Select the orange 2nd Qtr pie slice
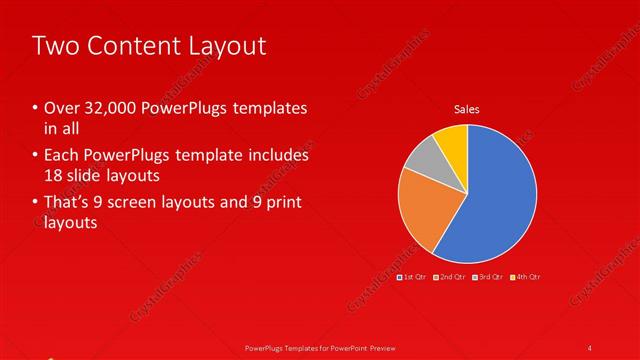[x=426, y=210]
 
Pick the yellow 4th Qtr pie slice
[x=453, y=140]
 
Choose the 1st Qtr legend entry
[x=412, y=276]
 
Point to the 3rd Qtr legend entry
[x=487, y=276]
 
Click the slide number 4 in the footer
[x=591, y=347]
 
